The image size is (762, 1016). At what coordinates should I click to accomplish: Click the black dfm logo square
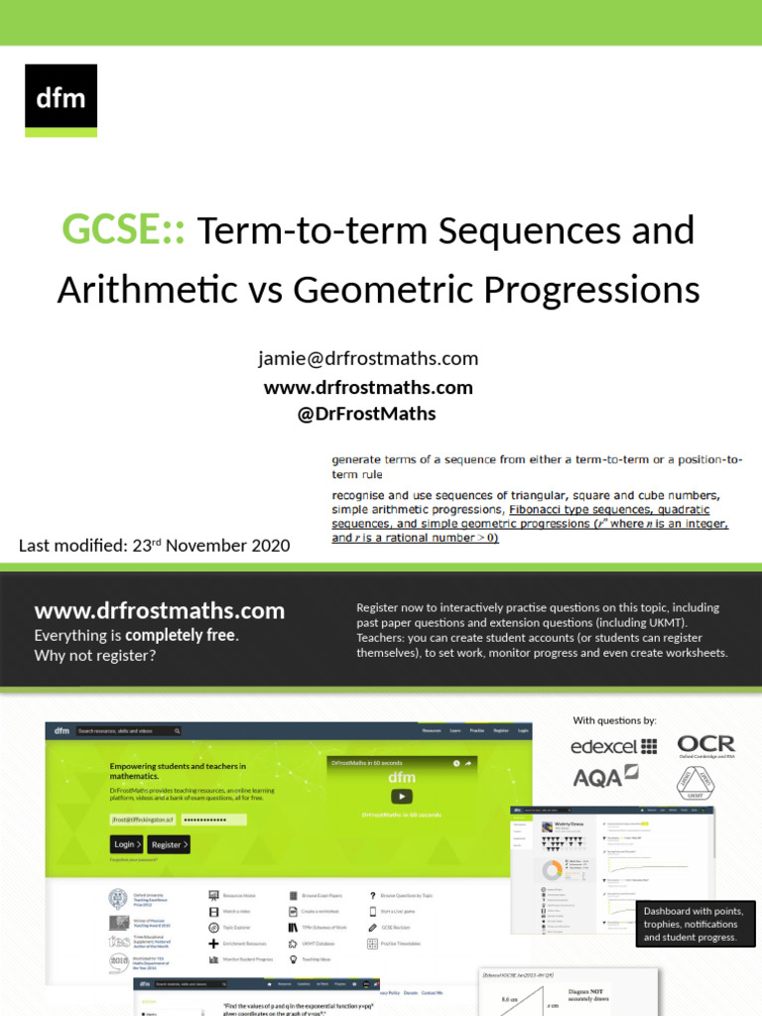click(x=61, y=99)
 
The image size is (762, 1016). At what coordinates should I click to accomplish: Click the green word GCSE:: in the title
click(x=127, y=231)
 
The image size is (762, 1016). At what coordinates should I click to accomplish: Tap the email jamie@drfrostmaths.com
click(x=368, y=358)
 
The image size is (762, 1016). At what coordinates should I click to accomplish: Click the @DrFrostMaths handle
click(x=366, y=414)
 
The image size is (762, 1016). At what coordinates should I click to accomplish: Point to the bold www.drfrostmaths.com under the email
click(x=368, y=387)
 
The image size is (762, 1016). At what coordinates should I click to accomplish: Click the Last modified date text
click(x=155, y=545)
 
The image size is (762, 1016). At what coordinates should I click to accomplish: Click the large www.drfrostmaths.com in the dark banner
click(x=159, y=611)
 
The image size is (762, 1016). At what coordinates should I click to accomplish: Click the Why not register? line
click(x=95, y=656)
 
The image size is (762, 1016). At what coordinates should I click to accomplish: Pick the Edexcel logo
click(x=613, y=746)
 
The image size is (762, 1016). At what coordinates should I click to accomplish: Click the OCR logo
click(x=705, y=745)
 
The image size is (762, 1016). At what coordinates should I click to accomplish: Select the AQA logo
click(x=604, y=777)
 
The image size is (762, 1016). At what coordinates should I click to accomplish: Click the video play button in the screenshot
click(x=401, y=796)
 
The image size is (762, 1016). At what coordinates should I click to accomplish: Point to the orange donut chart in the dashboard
click(x=550, y=870)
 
